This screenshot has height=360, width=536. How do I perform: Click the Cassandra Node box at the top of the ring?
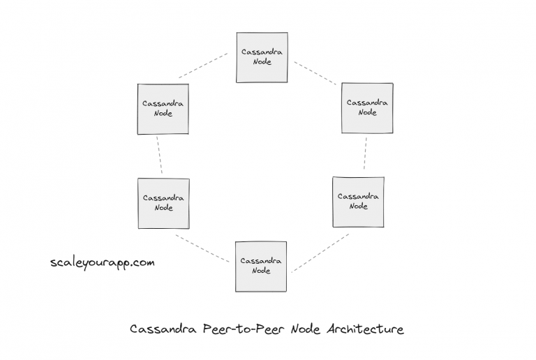tap(261, 57)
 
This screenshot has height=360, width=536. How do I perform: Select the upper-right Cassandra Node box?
tap(367, 107)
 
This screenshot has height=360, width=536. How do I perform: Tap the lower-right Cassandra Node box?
tap(358, 202)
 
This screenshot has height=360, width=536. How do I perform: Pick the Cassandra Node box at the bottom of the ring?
tap(261, 266)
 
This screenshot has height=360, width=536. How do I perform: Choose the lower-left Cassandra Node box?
tap(163, 203)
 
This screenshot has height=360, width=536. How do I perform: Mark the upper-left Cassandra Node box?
tap(163, 109)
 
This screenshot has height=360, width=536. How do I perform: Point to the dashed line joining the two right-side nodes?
tap(365, 153)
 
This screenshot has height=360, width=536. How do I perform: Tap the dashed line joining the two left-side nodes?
tap(160, 155)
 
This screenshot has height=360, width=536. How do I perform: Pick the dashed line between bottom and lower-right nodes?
tap(320, 253)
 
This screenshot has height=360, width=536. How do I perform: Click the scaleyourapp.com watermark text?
tap(103, 263)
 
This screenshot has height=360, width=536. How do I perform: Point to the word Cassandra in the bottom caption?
tap(164, 329)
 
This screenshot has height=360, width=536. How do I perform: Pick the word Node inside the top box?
tap(261, 62)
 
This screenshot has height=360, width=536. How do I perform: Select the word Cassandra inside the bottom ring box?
tap(261, 261)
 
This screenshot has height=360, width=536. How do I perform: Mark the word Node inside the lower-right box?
tap(358, 207)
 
